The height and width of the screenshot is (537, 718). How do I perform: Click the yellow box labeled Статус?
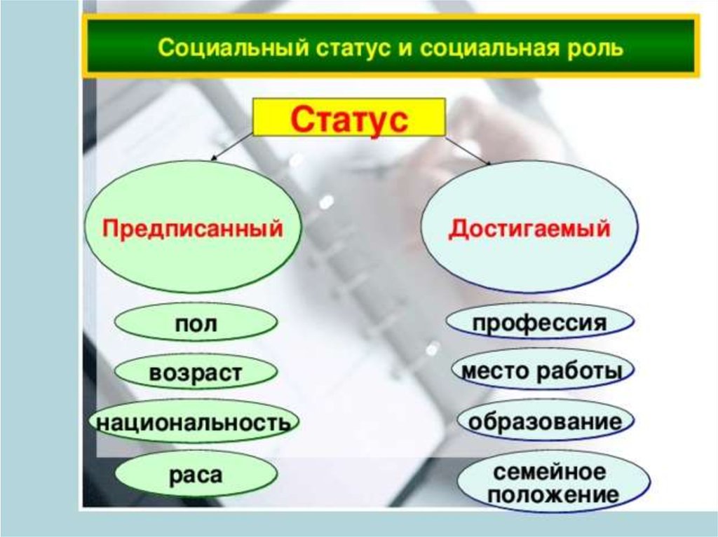click(x=349, y=117)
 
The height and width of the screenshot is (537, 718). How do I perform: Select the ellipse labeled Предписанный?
click(x=193, y=227)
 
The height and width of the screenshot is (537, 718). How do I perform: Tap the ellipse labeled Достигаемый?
click(x=529, y=227)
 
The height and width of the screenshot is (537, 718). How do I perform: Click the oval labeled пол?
click(x=196, y=322)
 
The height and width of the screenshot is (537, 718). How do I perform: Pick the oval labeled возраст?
click(x=196, y=372)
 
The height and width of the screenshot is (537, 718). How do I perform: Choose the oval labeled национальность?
click(x=194, y=421)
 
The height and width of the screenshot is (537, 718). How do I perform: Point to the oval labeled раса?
click(x=196, y=474)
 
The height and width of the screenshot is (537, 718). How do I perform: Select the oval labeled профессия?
click(x=540, y=321)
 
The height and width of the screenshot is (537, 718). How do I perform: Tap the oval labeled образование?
click(x=545, y=421)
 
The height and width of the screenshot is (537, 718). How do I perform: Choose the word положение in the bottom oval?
click(x=553, y=494)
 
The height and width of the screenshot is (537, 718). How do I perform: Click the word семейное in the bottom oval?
click(x=550, y=472)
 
